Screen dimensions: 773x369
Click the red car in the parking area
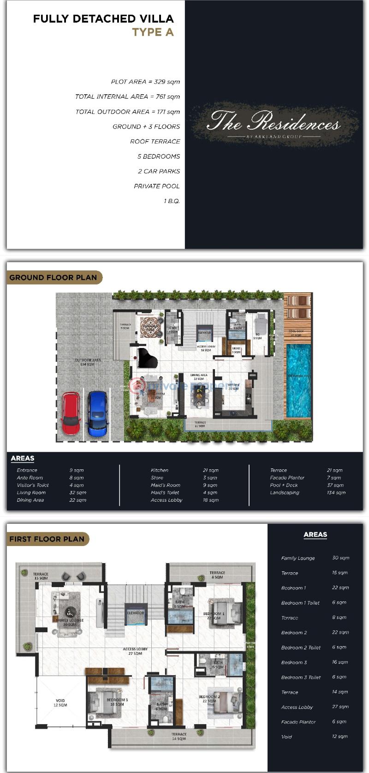71,413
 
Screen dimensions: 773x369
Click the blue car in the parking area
98,413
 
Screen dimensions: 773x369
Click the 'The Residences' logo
274,123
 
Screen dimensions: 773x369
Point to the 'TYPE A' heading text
153,32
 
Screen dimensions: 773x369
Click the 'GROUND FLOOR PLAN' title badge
54,277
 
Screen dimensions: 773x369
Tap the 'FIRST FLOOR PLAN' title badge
47,539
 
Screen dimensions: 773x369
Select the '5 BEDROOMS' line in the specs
158,156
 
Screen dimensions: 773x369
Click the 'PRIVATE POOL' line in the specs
156,186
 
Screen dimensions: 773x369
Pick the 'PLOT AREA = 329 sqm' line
145,82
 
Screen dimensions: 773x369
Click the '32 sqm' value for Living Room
77,492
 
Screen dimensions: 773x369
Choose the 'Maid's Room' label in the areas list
165,485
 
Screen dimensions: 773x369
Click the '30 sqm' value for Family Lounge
340,558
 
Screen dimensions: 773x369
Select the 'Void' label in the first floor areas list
286,737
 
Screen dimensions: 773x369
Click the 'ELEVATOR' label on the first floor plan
136,613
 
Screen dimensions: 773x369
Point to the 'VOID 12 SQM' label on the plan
60,703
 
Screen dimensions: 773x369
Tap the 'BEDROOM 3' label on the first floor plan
117,700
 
